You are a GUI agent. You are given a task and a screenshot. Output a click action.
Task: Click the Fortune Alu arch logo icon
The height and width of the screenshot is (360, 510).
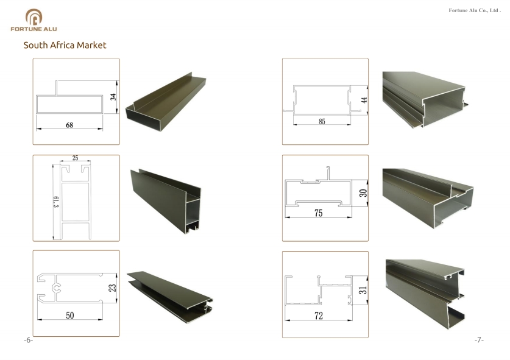34,17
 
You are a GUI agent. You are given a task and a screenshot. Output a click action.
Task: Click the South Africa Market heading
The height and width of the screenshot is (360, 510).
65,45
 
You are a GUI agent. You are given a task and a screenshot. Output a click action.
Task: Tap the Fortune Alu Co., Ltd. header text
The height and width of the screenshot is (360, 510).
475,10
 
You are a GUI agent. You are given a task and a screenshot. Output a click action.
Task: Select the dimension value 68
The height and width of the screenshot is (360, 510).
69,125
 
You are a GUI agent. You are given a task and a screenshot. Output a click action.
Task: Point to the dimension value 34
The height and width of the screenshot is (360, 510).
113,97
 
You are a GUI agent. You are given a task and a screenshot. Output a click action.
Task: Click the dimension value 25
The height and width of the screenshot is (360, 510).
75,158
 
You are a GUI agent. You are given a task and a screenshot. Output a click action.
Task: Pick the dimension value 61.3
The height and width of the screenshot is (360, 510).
56,202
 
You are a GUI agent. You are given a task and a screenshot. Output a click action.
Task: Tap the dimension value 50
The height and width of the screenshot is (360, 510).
70,316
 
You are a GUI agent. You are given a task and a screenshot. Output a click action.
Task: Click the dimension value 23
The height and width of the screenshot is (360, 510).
112,288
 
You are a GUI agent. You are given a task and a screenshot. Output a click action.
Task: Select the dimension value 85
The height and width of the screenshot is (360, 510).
322,122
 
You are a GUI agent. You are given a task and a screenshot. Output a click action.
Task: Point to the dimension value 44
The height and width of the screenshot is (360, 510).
364,100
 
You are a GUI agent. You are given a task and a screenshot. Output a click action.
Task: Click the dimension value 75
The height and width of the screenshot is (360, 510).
319,213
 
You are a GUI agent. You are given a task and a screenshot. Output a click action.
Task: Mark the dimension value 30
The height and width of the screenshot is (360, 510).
363,193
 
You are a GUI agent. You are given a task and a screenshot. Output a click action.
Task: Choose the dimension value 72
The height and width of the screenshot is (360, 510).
319,316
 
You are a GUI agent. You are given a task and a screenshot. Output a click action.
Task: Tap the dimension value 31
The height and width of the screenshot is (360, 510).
363,290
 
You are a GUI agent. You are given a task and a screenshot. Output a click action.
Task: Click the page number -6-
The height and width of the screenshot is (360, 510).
28,340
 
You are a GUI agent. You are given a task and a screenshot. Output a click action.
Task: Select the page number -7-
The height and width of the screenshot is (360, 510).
479,340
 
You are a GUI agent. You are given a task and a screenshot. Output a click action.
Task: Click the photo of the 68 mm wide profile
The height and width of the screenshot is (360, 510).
166,102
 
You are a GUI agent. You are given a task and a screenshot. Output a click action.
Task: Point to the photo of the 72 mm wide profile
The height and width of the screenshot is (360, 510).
425,294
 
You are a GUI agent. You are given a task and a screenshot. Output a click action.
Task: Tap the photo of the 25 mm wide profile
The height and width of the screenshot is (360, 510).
166,201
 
